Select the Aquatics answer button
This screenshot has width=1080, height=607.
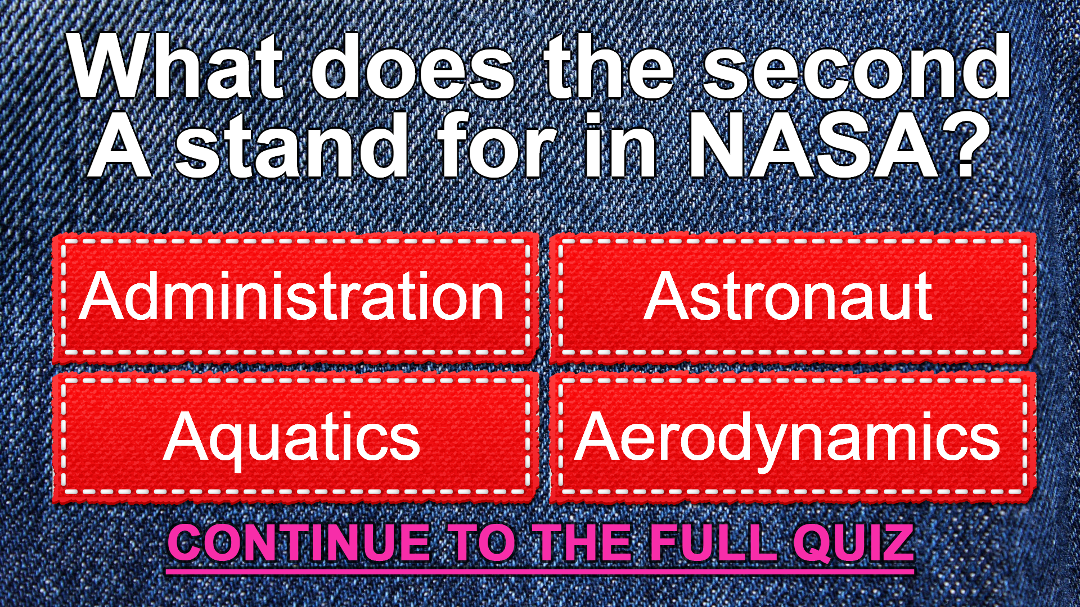click(x=295, y=437)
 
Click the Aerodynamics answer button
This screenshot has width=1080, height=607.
click(x=793, y=437)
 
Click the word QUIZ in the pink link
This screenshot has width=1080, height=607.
click(x=853, y=544)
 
